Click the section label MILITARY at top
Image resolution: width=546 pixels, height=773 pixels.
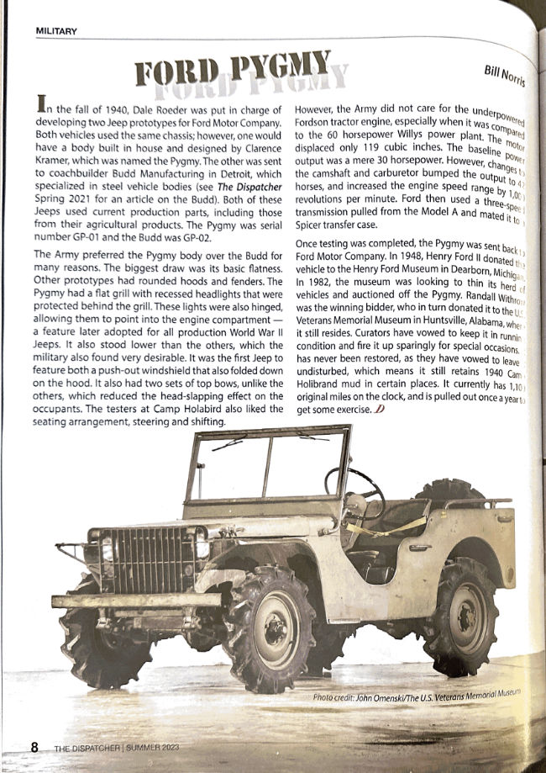[x=56, y=32]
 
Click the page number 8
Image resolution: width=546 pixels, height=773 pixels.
[x=35, y=747]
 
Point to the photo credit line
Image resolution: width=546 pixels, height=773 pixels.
[x=416, y=696]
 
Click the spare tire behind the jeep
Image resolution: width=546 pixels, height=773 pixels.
[x=449, y=492]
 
